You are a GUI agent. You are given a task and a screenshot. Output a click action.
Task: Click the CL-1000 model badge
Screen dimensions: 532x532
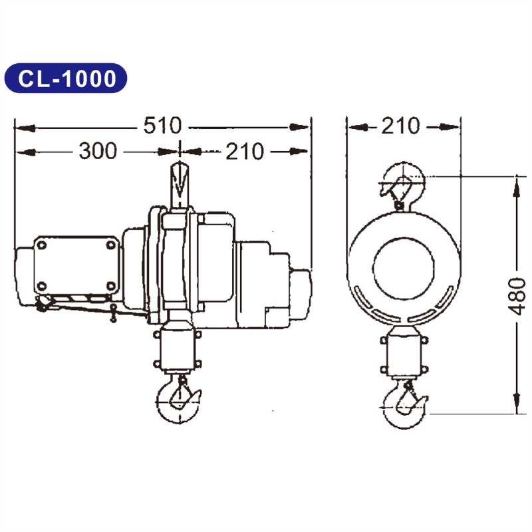pyautogui.click(x=65, y=78)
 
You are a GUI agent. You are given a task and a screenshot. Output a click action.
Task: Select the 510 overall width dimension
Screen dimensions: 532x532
pyautogui.click(x=162, y=125)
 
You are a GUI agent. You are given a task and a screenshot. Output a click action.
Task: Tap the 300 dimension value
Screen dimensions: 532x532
pyautogui.click(x=98, y=152)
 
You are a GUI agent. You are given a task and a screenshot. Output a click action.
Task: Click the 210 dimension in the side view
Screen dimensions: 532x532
pyautogui.click(x=244, y=152)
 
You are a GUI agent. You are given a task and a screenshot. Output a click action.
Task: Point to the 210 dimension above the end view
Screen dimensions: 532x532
pyautogui.click(x=400, y=125)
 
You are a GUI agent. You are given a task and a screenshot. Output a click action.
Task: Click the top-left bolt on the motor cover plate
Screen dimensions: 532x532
pyautogui.click(x=42, y=245)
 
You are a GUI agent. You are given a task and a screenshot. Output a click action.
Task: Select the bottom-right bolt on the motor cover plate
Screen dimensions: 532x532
pyautogui.click(x=110, y=287)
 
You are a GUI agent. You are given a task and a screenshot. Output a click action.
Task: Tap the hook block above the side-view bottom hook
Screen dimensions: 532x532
pyautogui.click(x=177, y=351)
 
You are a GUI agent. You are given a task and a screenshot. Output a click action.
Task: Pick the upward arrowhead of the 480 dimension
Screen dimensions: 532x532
pyautogui.click(x=517, y=190)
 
